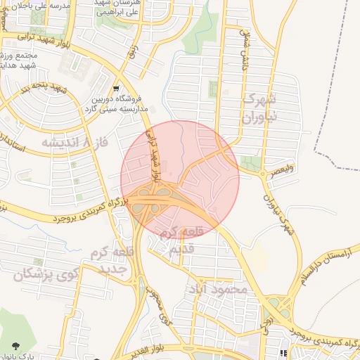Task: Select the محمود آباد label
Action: click(x=219, y=289)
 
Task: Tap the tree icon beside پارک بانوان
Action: click(x=15, y=345)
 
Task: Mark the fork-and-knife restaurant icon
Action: click(x=285, y=354)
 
